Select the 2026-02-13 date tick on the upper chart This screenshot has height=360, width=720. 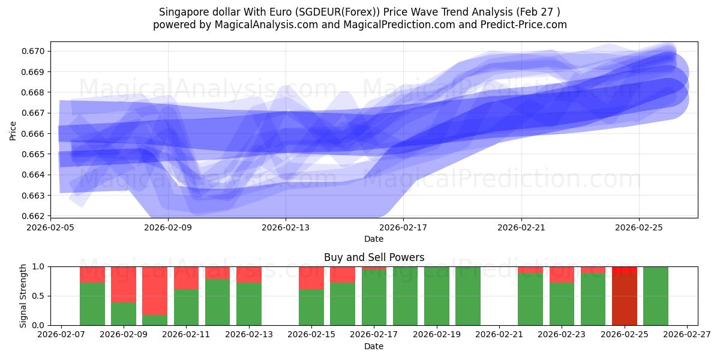[x=286, y=227]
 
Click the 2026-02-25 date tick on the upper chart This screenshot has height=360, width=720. [x=639, y=227]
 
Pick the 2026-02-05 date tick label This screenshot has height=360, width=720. [x=50, y=227]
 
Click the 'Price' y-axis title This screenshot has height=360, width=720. [x=13, y=130]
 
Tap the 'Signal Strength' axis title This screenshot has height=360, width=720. [x=23, y=296]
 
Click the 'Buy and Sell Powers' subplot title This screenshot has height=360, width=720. [x=374, y=257]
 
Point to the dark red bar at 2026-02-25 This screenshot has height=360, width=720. [x=625, y=300]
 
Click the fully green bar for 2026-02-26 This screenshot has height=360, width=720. [x=656, y=296]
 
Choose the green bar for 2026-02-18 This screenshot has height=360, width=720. [x=406, y=296]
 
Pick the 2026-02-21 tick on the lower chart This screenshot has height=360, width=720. [x=499, y=335]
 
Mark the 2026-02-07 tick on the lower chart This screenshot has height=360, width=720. [x=61, y=335]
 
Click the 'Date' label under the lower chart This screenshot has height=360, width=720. [x=374, y=346]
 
